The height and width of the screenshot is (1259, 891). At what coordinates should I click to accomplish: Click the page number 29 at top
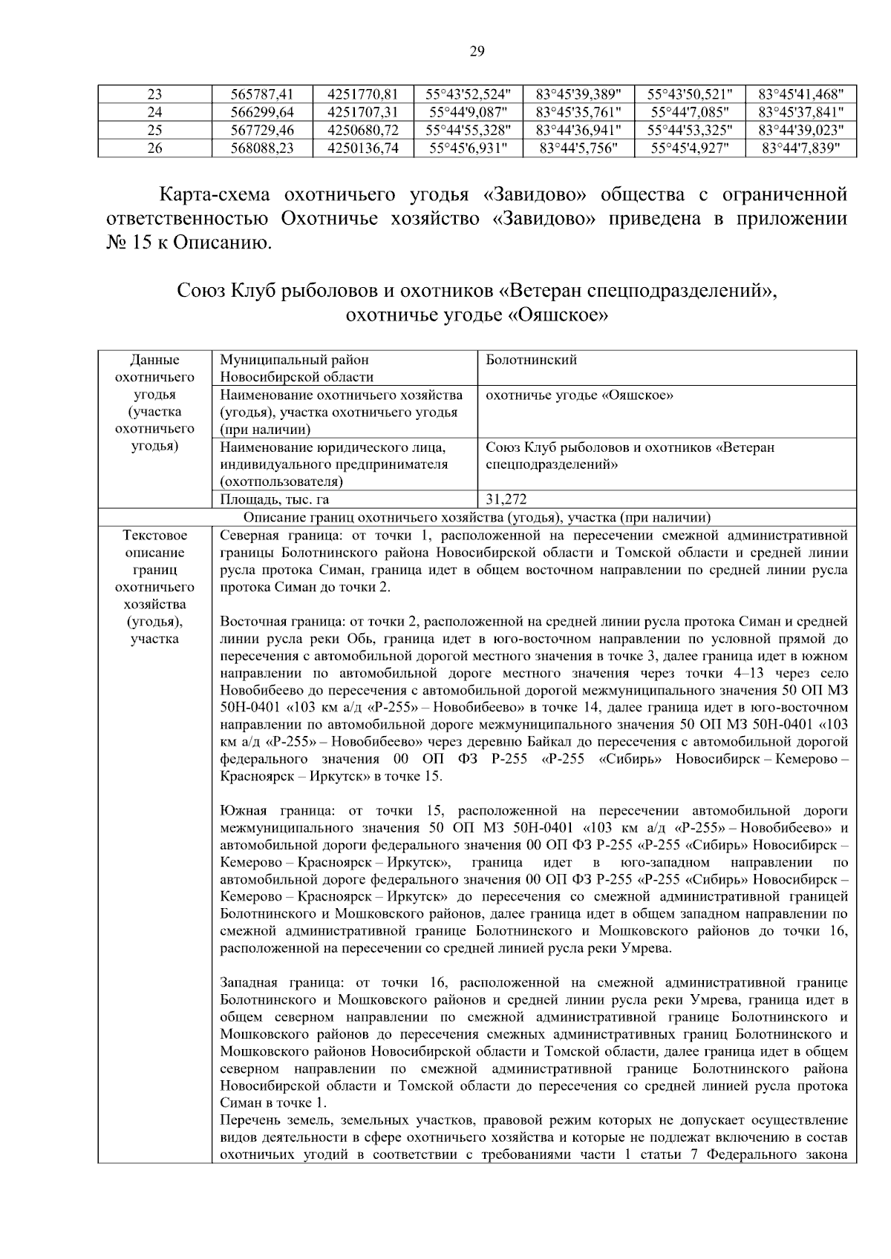(x=477, y=51)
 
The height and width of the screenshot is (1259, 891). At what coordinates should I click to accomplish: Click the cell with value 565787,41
(x=263, y=94)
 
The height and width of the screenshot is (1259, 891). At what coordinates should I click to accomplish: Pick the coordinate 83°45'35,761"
(x=579, y=112)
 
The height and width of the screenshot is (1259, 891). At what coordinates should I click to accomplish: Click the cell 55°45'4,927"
(x=690, y=148)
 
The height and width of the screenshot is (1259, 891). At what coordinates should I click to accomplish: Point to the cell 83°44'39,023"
(x=800, y=130)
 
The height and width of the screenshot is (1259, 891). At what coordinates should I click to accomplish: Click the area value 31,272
(x=506, y=500)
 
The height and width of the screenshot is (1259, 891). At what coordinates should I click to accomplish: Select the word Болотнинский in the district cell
(x=531, y=361)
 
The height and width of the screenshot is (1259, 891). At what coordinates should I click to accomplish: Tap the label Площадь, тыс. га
(x=274, y=500)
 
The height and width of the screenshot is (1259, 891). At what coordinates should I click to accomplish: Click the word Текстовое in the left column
(x=154, y=536)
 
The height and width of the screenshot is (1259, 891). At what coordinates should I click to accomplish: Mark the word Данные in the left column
(x=154, y=361)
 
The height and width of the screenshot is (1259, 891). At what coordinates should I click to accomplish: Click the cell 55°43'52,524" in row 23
(x=469, y=94)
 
